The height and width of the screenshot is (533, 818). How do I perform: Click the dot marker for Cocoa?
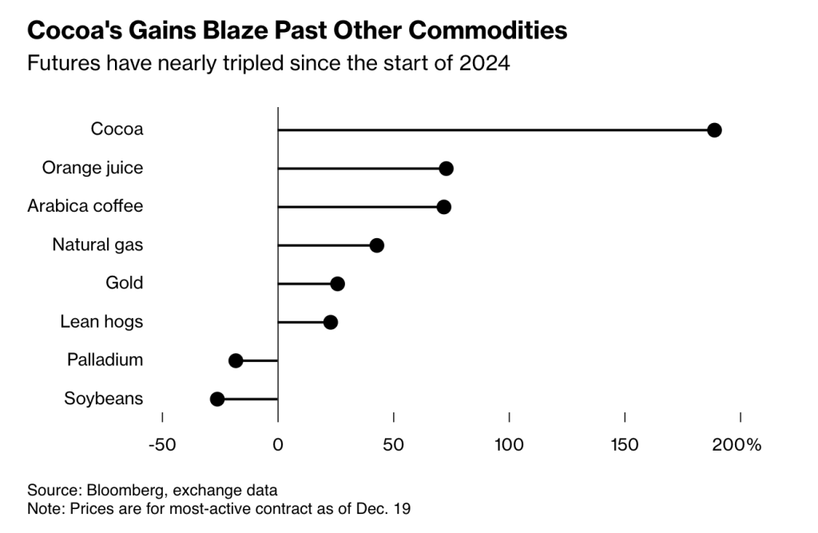point(714,130)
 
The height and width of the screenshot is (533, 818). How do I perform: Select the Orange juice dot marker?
point(447,169)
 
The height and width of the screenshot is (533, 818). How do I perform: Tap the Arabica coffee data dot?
point(444,207)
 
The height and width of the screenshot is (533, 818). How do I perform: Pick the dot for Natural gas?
point(377,245)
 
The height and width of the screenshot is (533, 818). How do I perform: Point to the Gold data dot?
point(337,284)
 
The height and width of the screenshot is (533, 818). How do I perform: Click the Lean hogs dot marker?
point(331,322)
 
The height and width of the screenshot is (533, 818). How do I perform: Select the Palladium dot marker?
point(236,360)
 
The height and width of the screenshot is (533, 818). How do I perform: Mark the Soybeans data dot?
point(217,399)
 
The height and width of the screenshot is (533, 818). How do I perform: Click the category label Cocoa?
point(117,129)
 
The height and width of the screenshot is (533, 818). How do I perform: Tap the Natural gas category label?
point(97,245)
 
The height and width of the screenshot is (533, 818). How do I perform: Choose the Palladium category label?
point(105,360)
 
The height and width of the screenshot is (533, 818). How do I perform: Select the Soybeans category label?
point(103,398)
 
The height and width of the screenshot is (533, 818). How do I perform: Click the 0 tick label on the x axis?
point(278,444)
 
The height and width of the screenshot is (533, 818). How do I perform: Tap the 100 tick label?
point(509,444)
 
